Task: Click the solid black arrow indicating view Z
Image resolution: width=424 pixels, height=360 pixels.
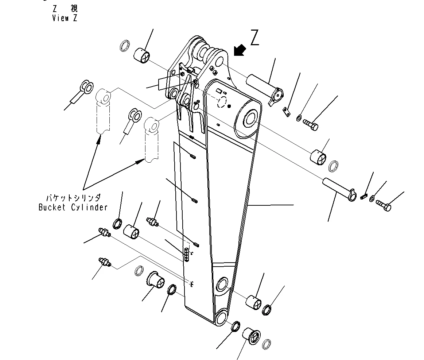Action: pyautogui.click(x=240, y=51)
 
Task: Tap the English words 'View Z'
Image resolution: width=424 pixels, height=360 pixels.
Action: pyautogui.click(x=65, y=18)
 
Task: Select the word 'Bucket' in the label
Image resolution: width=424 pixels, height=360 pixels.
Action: pyautogui.click(x=52, y=208)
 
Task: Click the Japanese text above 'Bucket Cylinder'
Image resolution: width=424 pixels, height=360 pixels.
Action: pyautogui.click(x=73, y=198)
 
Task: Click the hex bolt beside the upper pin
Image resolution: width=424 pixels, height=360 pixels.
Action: pyautogui.click(x=310, y=125)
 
